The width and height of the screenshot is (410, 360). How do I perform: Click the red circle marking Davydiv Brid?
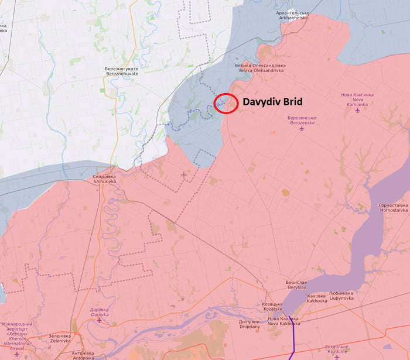(x=225, y=103)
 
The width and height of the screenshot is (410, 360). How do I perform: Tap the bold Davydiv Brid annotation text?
(x=272, y=101)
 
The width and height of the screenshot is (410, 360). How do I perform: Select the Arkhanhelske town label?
(x=292, y=15)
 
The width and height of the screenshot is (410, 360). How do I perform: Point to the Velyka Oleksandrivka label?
(x=259, y=67)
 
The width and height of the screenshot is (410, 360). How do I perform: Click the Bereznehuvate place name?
(x=122, y=71)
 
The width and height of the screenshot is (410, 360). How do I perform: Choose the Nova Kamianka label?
(x=357, y=99)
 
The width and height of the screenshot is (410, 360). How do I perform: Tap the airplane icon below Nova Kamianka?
(x=357, y=110)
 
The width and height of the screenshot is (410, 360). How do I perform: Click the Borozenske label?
(x=302, y=121)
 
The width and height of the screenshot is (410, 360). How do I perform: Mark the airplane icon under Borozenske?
(x=302, y=129)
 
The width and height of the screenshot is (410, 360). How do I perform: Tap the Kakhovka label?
(x=317, y=298)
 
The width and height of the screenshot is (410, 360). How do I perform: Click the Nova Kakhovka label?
(x=283, y=321)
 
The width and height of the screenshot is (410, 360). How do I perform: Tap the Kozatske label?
(x=272, y=307)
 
